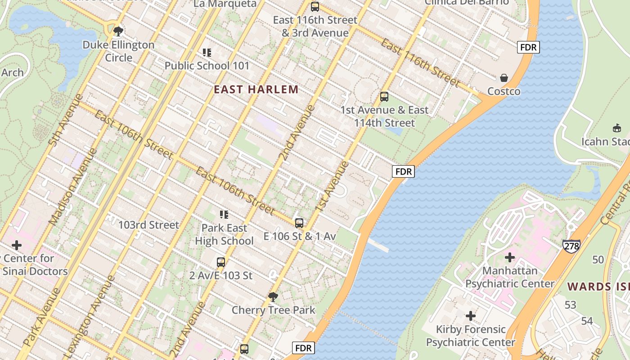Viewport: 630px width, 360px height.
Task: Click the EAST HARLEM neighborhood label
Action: coord(256,89)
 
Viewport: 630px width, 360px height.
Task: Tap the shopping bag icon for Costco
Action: coord(504,78)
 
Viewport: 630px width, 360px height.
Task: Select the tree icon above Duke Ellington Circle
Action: coord(118,31)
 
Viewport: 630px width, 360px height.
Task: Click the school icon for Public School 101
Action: coord(207,53)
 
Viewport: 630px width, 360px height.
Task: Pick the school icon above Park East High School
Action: coord(224,215)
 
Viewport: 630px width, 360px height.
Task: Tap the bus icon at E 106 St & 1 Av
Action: coord(299,223)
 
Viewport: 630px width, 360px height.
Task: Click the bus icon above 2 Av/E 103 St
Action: coord(221,262)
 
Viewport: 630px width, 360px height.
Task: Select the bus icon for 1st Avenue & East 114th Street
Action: coord(384,96)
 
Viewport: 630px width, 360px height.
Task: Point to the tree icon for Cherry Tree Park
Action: coord(273,297)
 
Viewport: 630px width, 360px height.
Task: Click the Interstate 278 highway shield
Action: coord(571,246)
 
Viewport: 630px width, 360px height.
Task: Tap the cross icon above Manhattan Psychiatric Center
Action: coord(510,257)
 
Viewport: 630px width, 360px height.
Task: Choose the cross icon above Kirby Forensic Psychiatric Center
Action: coord(471,316)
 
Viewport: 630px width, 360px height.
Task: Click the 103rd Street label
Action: coord(148,225)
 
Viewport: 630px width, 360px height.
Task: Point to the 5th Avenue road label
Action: coord(66,120)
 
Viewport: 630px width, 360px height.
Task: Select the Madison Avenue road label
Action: coord(72,187)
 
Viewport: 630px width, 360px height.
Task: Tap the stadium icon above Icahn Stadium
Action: coord(617,128)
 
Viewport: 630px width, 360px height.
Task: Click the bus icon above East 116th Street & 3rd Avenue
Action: coord(315,7)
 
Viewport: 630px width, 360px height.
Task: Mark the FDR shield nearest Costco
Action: coord(528,47)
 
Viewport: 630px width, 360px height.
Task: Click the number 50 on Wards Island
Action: coord(598,260)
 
